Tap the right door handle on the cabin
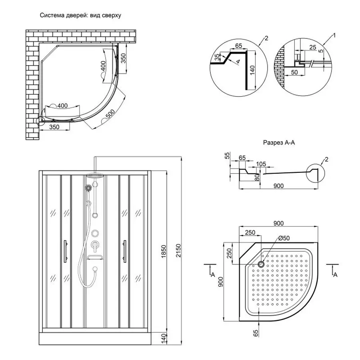click(x=125, y=251)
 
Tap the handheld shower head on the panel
click(x=88, y=188)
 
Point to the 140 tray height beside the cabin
click(x=163, y=338)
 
